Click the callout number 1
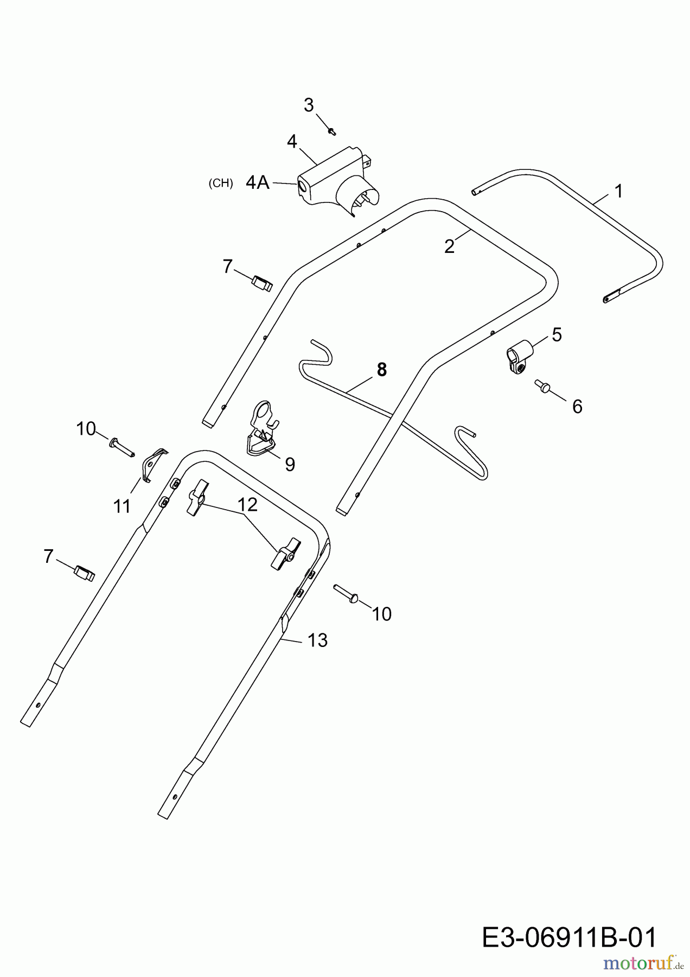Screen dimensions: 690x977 tap(618, 191)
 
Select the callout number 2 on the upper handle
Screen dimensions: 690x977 tap(449, 246)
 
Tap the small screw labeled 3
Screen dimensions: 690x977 tap(332, 130)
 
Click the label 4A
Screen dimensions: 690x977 tap(258, 182)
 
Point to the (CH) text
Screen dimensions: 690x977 tap(221, 183)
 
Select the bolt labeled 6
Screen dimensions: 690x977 tap(542, 385)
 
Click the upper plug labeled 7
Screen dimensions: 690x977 tap(262, 283)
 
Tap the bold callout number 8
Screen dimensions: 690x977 tap(382, 370)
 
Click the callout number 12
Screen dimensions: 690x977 tap(247, 504)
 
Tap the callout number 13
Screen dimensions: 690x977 tap(317, 640)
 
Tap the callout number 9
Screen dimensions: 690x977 tap(290, 465)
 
